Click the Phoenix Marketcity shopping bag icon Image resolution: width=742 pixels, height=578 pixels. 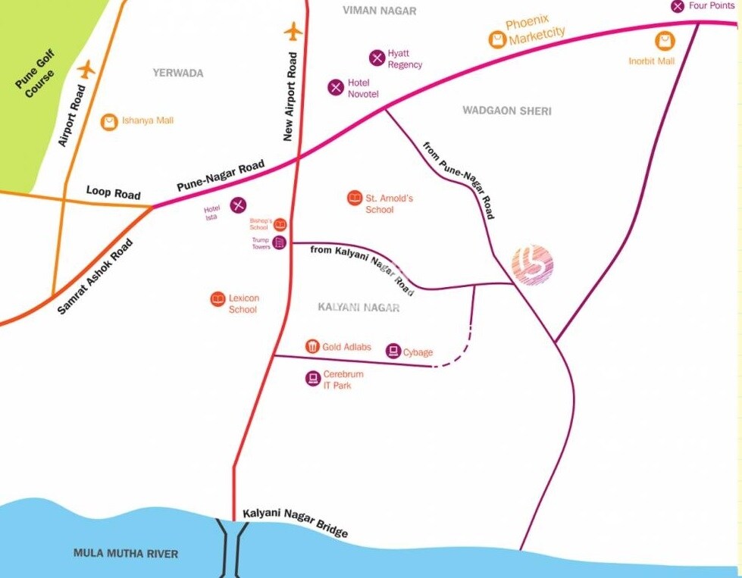coord(497,39)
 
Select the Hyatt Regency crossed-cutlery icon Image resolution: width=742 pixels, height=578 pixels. coord(377,58)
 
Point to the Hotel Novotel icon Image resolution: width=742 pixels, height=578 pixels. coord(336,87)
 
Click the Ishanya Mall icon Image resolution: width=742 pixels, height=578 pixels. coord(110,121)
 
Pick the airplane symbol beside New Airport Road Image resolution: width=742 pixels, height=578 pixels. coord(293,33)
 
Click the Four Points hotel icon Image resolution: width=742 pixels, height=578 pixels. coord(678,6)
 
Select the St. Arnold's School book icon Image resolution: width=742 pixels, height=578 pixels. coord(354,198)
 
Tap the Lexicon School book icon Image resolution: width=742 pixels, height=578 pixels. coord(218,299)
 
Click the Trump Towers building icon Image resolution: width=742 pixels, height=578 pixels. coord(279,242)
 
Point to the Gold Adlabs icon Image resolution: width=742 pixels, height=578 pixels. coord(312,346)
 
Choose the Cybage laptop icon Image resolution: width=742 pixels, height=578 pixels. coord(393,351)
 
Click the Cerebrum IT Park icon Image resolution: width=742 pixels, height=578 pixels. coord(312,378)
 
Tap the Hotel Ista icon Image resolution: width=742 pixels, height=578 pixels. coord(238,204)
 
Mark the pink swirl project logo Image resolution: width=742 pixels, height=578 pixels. coord(533,265)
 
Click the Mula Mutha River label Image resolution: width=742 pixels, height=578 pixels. coord(126,554)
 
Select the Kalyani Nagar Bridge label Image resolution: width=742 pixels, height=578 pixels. coord(296,521)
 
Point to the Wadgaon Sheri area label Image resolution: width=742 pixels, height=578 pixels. coord(507,111)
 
